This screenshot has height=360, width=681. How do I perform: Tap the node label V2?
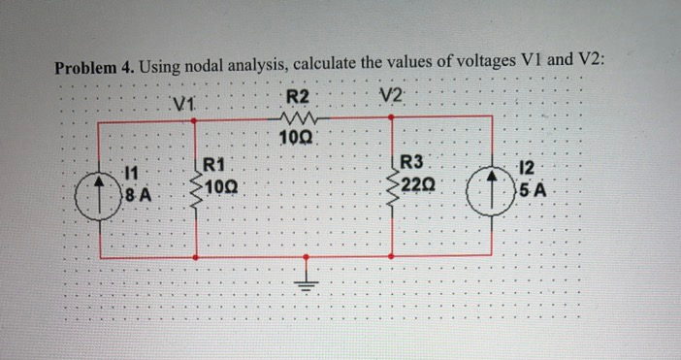390,96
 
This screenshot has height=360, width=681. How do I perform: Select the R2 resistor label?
298,96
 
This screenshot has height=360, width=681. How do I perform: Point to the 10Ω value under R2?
294,137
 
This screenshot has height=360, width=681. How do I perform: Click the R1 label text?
214,164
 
